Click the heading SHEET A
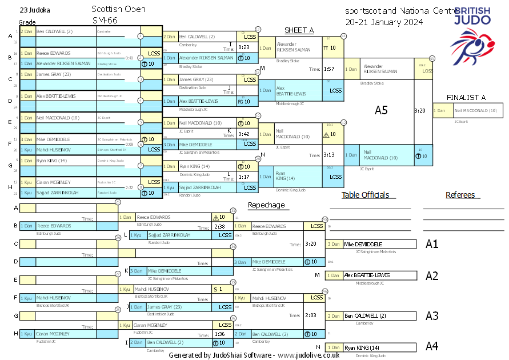point(299,30)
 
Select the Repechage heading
point(266,205)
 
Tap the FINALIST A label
point(466,98)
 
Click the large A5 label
point(381,110)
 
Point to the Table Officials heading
point(365,195)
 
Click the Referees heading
point(460,195)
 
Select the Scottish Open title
point(118,10)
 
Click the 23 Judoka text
point(35,10)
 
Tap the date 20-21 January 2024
point(384,22)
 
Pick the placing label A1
point(432,244)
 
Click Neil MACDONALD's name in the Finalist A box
point(475,111)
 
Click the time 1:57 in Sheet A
point(328,69)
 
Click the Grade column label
point(27,22)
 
